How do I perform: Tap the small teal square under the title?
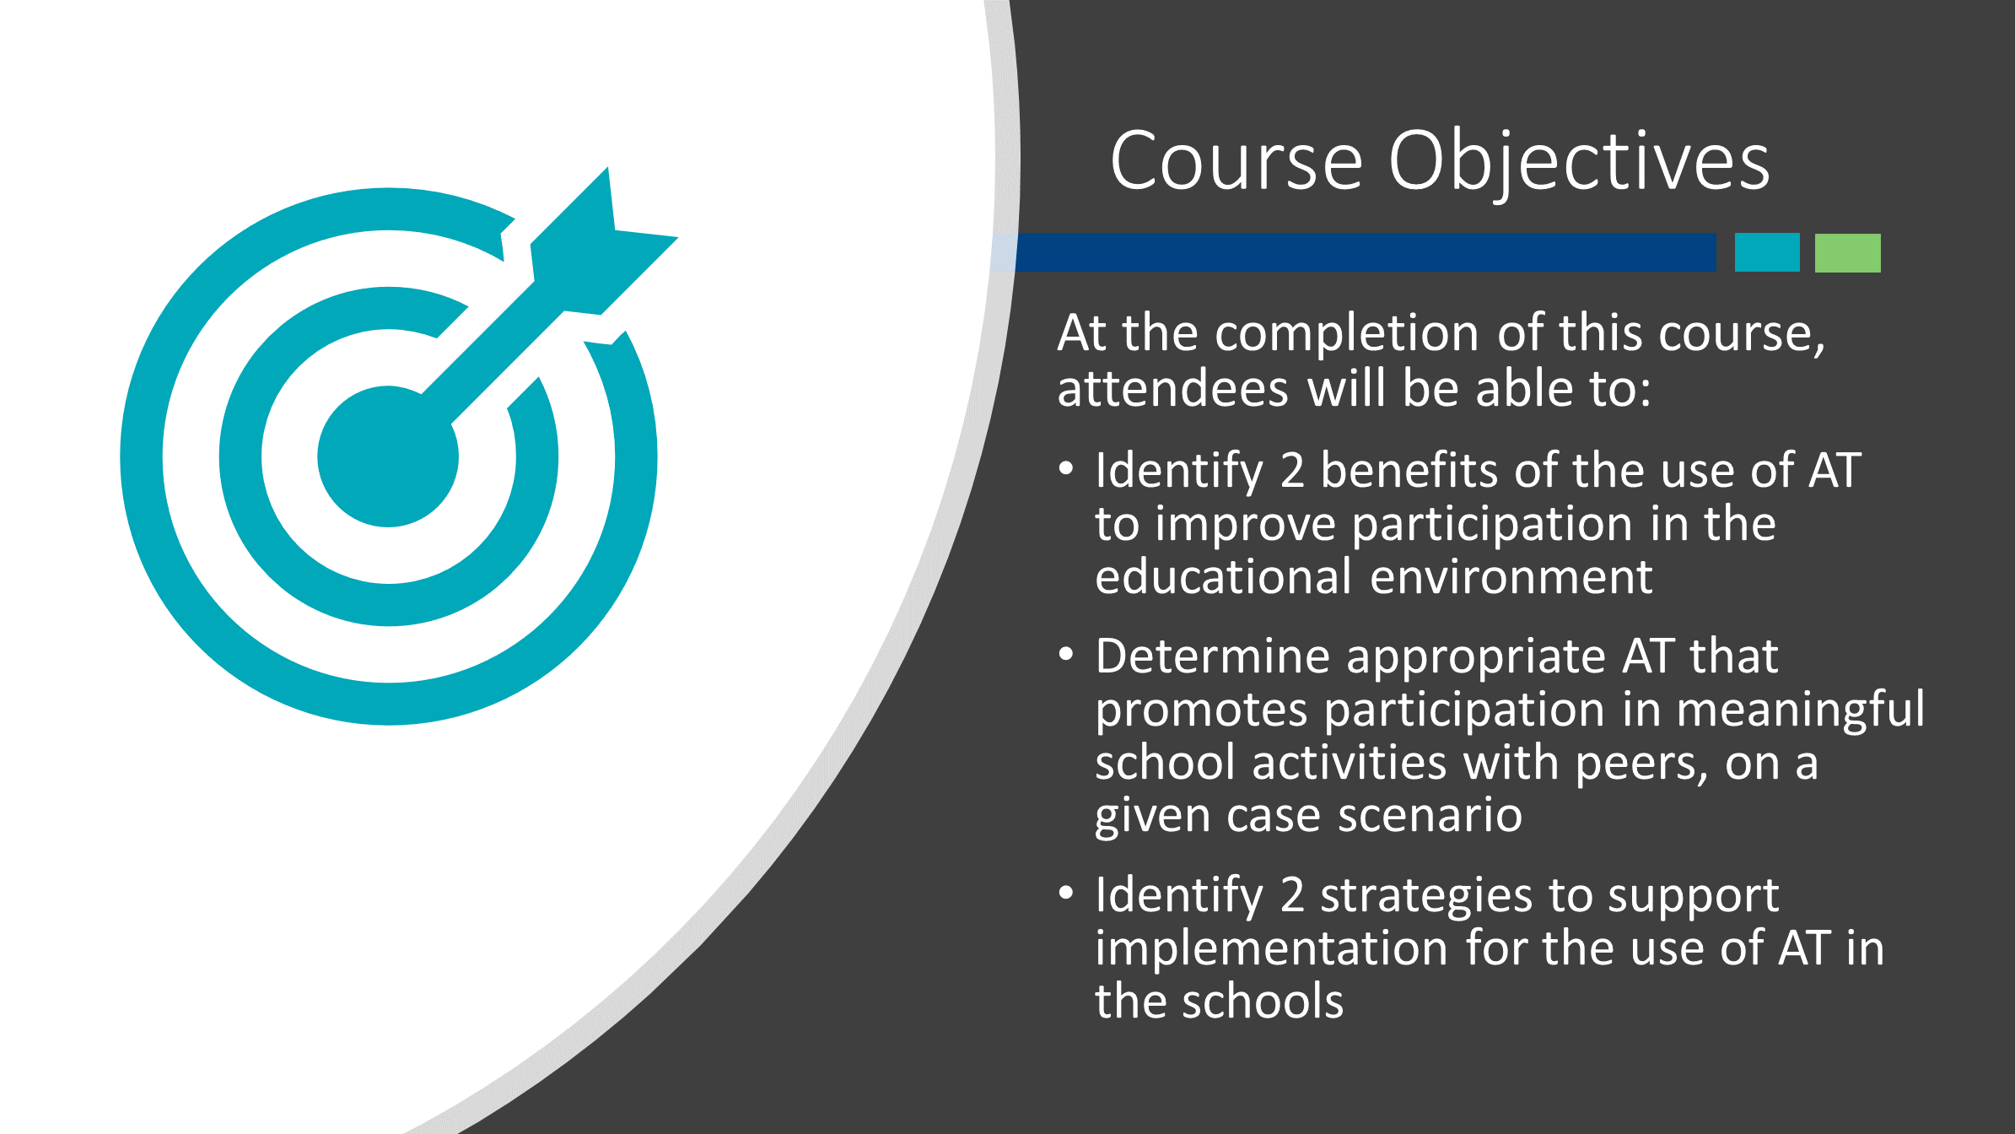[1767, 252]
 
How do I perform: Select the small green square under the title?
[1848, 252]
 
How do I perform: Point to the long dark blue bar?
[1354, 252]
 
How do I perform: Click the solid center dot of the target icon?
[388, 456]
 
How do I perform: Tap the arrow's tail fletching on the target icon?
[604, 241]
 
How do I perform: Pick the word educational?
[1224, 577]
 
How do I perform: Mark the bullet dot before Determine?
[1066, 654]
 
